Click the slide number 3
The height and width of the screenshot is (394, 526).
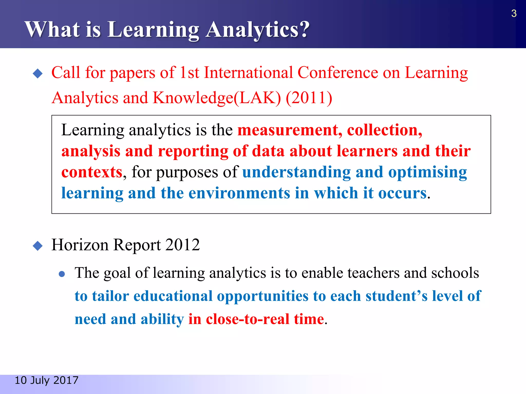pos(514,13)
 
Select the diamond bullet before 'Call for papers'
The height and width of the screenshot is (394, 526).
pos(38,74)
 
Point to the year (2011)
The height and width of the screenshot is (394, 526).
pos(309,98)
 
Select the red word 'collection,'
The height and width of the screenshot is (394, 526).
pos(384,130)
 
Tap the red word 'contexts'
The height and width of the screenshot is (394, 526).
pos(92,172)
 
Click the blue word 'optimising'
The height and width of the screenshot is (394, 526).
pos(427,172)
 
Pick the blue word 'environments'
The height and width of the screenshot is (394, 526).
pos(239,193)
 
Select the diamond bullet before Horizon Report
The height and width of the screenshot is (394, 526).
pos(38,246)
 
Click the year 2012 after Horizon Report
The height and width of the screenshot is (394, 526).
pos(183,245)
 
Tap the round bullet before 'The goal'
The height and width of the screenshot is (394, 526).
pos(62,274)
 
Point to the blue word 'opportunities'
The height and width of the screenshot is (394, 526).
pos(262,296)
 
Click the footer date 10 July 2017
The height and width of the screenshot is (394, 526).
pos(46,380)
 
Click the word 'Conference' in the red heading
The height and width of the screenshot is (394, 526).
pos(338,73)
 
